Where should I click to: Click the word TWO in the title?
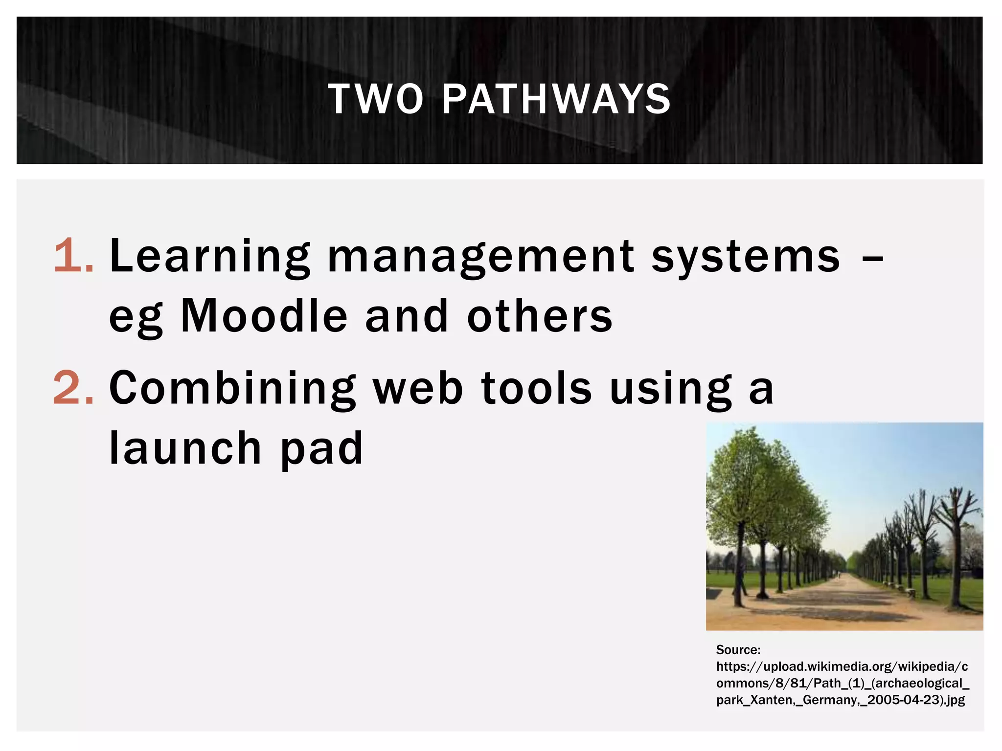pyautogui.click(x=375, y=99)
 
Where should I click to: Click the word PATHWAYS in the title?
pyautogui.click(x=556, y=99)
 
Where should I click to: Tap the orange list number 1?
pyautogui.click(x=73, y=256)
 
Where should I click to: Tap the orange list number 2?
pyautogui.click(x=73, y=388)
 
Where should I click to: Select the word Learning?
pyautogui.click(x=210, y=257)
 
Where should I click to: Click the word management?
pyautogui.click(x=480, y=257)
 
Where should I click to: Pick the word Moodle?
pyautogui.click(x=264, y=316)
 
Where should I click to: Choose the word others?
pyautogui.click(x=540, y=316)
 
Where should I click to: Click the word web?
pyautogui.click(x=418, y=389)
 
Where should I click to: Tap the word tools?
pyautogui.click(x=537, y=389)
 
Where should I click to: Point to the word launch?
pyautogui.click(x=185, y=448)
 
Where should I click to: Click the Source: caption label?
pyautogui.click(x=738, y=650)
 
